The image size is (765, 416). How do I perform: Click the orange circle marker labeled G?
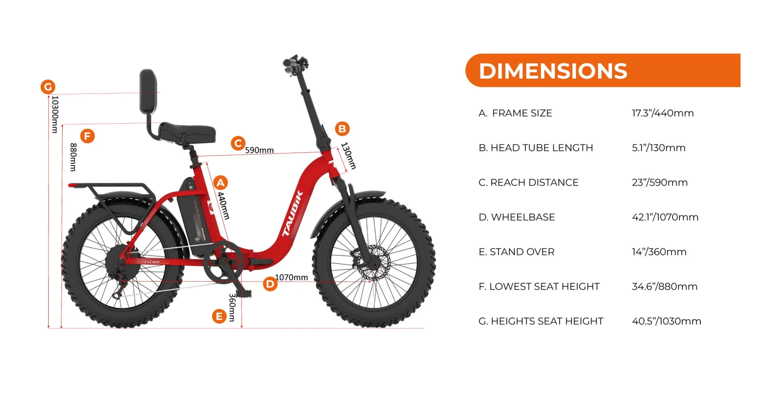pyautogui.click(x=48, y=87)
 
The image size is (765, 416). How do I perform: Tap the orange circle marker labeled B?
pyautogui.click(x=342, y=129)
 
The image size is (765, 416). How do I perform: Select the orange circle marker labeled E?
pyautogui.click(x=219, y=316)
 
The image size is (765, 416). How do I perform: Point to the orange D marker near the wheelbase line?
pyautogui.click(x=270, y=284)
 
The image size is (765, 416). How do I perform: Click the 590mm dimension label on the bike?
pyautogui.click(x=259, y=150)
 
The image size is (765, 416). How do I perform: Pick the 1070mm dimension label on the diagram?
pyautogui.click(x=291, y=277)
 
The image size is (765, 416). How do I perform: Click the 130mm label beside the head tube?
pyautogui.click(x=348, y=156)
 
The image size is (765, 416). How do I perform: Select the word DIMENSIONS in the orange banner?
pyautogui.click(x=553, y=71)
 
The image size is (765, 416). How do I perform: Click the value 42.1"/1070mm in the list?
pyautogui.click(x=665, y=217)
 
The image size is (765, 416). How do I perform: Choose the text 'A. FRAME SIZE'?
pyautogui.click(x=515, y=113)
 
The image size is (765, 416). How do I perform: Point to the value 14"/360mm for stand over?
pyautogui.click(x=659, y=252)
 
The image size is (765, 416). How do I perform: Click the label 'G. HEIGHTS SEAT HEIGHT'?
pyautogui.click(x=541, y=321)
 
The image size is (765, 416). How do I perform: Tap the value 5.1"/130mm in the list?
pyautogui.click(x=658, y=148)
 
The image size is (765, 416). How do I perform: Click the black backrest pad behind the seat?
pyautogui.click(x=148, y=91)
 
